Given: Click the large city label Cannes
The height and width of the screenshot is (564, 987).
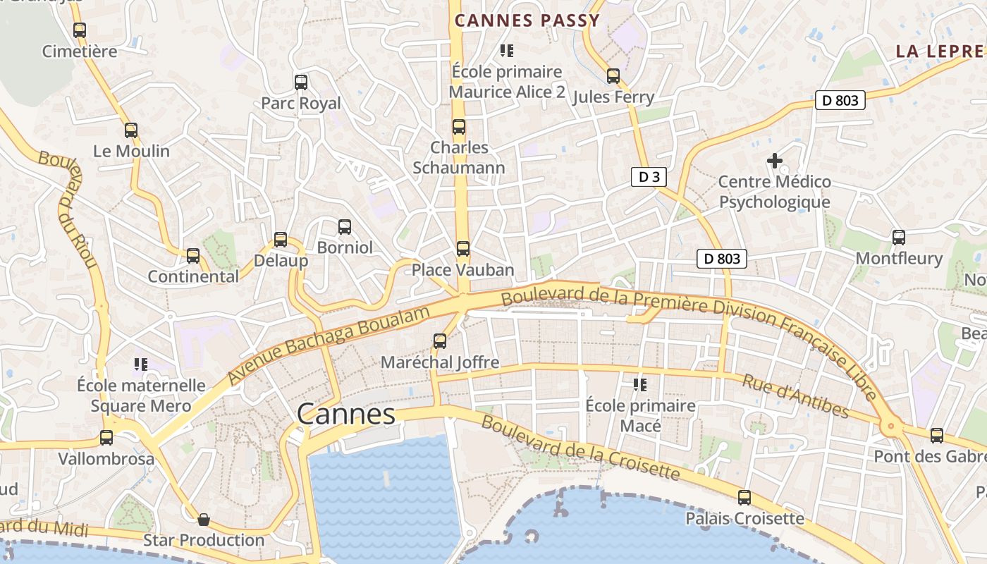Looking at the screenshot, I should pyautogui.click(x=346, y=414).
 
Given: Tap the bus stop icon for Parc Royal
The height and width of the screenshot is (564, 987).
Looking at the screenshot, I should pyautogui.click(x=301, y=82).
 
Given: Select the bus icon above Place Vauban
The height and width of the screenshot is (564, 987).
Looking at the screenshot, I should pyautogui.click(x=462, y=249).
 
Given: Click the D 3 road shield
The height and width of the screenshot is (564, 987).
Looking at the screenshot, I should pyautogui.click(x=649, y=177).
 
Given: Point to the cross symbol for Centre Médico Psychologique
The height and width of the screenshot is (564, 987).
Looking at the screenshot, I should pyautogui.click(x=775, y=161).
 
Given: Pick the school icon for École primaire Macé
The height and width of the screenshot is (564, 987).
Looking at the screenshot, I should pyautogui.click(x=640, y=385).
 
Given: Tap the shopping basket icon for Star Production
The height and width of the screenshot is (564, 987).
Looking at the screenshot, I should pyautogui.click(x=204, y=520).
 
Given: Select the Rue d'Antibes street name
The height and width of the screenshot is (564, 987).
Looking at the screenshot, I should pyautogui.click(x=795, y=395).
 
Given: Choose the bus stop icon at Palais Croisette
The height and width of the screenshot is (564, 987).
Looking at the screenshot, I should pyautogui.click(x=744, y=498).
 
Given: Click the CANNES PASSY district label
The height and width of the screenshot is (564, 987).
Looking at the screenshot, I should pyautogui.click(x=527, y=20).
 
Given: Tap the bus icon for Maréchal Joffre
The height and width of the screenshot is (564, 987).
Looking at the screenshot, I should pyautogui.click(x=440, y=341).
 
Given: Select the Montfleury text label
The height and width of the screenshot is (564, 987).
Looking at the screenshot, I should pyautogui.click(x=898, y=259).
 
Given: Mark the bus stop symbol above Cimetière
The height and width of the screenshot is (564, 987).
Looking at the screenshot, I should pyautogui.click(x=80, y=30).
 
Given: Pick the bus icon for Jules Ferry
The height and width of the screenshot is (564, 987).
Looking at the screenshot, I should pyautogui.click(x=613, y=76).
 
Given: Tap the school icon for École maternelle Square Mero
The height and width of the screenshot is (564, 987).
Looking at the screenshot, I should pyautogui.click(x=140, y=364).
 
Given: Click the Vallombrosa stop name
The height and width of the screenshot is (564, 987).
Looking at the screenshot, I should pyautogui.click(x=106, y=459).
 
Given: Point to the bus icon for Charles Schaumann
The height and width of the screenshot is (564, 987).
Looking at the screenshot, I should pyautogui.click(x=459, y=127).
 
